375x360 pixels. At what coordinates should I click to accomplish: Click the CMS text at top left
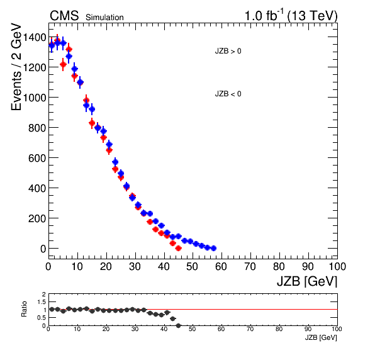[x=64, y=16]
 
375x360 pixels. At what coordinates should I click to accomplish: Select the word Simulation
[x=104, y=18]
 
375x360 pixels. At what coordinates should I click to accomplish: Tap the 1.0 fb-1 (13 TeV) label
[x=291, y=16]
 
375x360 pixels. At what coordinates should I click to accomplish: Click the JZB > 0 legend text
[x=228, y=51]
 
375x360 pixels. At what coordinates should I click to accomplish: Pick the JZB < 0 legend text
[x=228, y=94]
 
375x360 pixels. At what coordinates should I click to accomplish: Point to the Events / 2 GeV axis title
[x=16, y=67]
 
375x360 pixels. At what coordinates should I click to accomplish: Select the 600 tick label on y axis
[x=37, y=159]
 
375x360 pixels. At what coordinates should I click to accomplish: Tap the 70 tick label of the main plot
[x=250, y=266]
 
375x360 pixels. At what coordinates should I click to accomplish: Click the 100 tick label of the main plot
[x=337, y=266]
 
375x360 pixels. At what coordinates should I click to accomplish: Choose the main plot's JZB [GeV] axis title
[x=307, y=281]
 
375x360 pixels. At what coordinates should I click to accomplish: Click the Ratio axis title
[x=24, y=309]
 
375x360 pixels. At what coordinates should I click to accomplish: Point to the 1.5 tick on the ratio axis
[x=42, y=302]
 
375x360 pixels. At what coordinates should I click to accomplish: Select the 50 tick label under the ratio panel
[x=193, y=329]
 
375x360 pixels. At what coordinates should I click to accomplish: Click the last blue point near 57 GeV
[x=214, y=249]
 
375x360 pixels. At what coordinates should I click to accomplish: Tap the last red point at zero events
[x=178, y=249]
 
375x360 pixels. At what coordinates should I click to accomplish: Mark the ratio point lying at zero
[x=178, y=325]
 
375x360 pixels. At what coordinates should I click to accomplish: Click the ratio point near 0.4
[x=172, y=318]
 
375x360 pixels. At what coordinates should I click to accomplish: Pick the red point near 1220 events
[x=63, y=64]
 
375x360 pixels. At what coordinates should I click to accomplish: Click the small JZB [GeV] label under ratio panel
[x=321, y=337]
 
